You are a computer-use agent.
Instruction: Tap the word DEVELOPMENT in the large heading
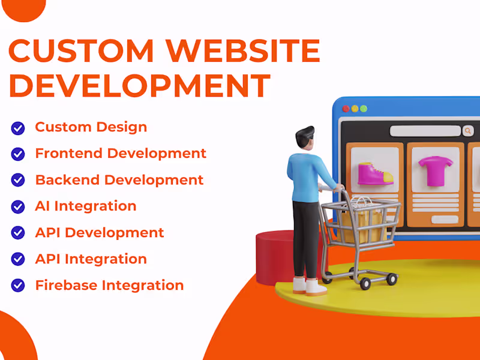click(139, 85)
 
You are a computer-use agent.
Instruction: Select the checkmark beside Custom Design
click(18, 127)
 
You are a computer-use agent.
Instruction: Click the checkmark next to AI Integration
click(18, 206)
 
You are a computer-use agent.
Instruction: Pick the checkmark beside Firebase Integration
click(18, 286)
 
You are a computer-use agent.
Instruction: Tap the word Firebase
click(64, 286)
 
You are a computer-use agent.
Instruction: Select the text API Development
click(100, 233)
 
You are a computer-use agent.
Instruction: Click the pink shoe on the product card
click(375, 173)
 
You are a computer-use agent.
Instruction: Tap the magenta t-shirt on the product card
click(430, 170)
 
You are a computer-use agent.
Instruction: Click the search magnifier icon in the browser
click(467, 130)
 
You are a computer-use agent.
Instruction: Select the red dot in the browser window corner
click(346, 109)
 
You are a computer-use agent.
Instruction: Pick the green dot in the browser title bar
click(364, 109)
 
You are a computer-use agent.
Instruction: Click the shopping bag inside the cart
click(364, 219)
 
